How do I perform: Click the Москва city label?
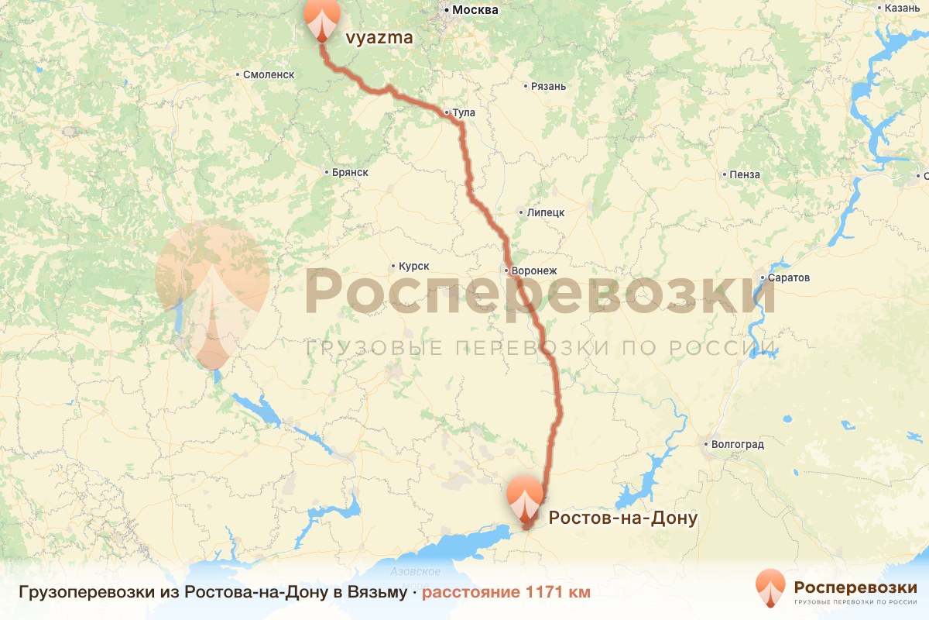475,10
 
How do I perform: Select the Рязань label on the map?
548,86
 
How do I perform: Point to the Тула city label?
463,113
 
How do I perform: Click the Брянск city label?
348,172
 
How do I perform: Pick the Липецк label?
545,212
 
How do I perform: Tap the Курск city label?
413,266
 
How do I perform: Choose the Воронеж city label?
533,271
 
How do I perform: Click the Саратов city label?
789,277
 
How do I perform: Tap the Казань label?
903,8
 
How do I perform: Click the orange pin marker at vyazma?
322,19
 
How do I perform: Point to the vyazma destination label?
378,37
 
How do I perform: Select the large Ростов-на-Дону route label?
623,517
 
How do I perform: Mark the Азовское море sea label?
416,577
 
